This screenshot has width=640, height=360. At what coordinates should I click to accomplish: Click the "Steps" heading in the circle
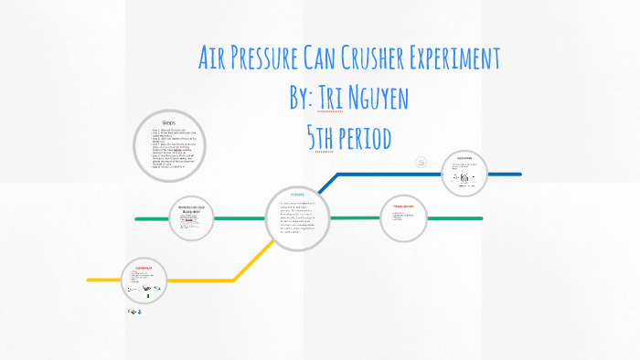point(168,123)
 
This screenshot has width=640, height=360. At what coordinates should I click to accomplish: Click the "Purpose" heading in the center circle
point(297,195)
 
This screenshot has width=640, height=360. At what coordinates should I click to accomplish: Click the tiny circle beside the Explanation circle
point(421,162)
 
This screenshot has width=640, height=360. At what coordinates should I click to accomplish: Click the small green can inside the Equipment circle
point(145,297)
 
